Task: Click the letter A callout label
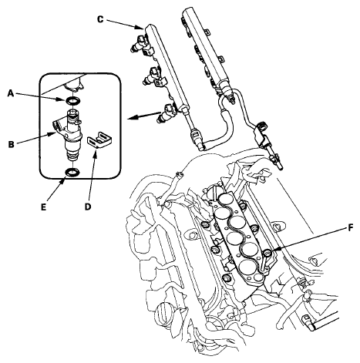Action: tap(11, 93)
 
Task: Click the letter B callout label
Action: tap(11, 144)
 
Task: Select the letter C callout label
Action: tap(100, 19)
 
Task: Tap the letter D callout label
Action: tap(88, 207)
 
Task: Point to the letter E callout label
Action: tap(43, 207)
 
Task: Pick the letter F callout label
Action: tap(351, 227)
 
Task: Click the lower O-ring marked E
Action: tap(73, 172)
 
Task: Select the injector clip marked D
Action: tap(100, 142)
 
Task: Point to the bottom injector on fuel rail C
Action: tap(167, 113)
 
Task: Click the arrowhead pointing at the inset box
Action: tap(131, 118)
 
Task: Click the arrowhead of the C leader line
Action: tap(140, 27)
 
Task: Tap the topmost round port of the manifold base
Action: tap(225, 199)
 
